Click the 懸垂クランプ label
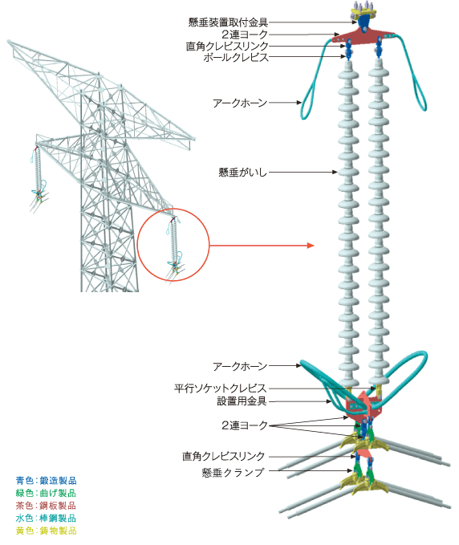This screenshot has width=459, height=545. pyautogui.click(x=234, y=472)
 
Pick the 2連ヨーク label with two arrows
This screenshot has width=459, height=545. pyautogui.click(x=244, y=424)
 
